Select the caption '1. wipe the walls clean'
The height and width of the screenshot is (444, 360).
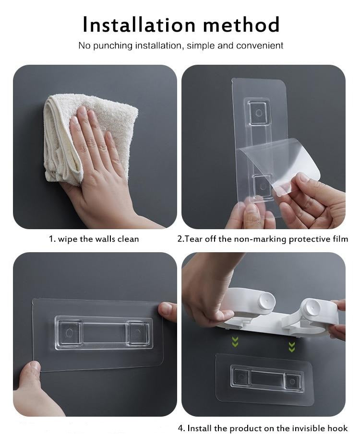94,239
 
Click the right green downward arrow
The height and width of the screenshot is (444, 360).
291,345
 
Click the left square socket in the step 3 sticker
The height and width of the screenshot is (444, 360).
69,332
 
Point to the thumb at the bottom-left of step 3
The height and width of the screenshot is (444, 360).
31,374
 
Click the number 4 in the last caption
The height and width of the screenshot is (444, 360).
180,428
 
